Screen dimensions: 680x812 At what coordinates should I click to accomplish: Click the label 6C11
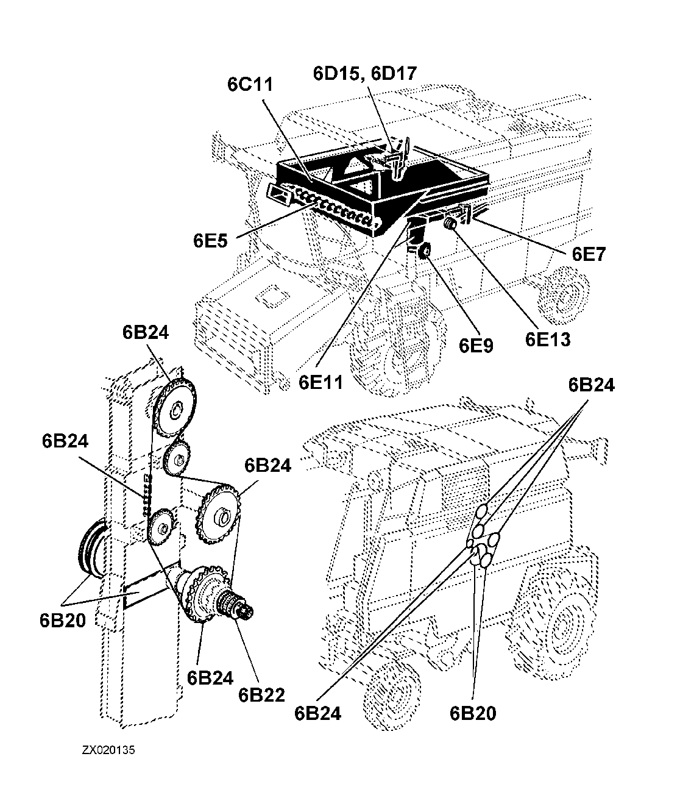250,84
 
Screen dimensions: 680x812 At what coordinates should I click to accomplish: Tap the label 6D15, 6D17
365,73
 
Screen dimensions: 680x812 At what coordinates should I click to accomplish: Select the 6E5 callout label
210,241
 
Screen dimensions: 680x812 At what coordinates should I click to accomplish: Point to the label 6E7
589,254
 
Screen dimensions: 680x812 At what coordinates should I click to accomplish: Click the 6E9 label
476,345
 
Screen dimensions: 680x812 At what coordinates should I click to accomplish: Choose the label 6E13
548,339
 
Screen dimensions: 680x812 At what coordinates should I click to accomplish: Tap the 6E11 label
321,382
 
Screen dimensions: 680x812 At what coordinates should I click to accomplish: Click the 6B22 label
261,694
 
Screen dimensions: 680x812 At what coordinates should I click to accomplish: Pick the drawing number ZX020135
108,750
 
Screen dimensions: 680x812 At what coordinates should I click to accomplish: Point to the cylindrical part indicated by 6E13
451,223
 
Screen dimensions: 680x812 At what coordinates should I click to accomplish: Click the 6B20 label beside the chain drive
62,620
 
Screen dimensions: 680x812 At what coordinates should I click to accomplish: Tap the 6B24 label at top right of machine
592,385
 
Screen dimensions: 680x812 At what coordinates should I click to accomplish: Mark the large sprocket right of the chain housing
221,514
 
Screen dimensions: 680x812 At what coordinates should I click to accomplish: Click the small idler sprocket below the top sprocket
177,458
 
